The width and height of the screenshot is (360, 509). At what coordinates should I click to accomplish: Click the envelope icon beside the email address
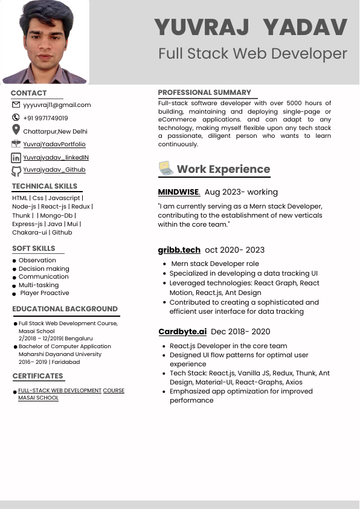point(16,105)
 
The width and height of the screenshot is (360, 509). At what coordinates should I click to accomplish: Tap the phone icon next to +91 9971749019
point(16,118)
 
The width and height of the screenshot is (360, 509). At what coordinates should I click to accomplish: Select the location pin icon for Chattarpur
point(16,130)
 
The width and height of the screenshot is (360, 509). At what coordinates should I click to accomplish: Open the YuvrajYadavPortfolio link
point(54,144)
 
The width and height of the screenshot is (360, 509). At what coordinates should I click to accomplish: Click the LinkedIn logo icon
point(16,158)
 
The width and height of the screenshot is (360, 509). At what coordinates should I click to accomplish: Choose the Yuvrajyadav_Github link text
point(54,170)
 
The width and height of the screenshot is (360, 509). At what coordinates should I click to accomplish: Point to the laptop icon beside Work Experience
point(166,168)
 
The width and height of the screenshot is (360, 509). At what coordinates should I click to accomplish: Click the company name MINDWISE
point(178,192)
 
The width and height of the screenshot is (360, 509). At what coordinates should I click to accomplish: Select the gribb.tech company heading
point(179,250)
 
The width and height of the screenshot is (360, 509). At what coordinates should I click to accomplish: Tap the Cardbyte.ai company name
point(182,331)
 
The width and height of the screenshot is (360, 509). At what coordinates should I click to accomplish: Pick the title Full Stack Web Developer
point(252,53)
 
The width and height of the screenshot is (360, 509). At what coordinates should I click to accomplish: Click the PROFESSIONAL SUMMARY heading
point(204,92)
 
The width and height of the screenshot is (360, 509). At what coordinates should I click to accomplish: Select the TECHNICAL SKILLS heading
point(45,186)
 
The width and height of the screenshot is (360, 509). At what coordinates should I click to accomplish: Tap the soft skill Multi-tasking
point(39,285)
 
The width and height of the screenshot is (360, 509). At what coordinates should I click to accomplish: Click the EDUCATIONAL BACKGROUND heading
point(65,309)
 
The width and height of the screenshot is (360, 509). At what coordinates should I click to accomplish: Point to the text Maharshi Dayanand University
point(60,354)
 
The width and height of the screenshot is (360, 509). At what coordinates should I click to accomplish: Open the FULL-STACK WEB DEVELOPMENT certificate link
point(60,391)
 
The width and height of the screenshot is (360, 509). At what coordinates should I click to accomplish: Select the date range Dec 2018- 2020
point(240,331)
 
